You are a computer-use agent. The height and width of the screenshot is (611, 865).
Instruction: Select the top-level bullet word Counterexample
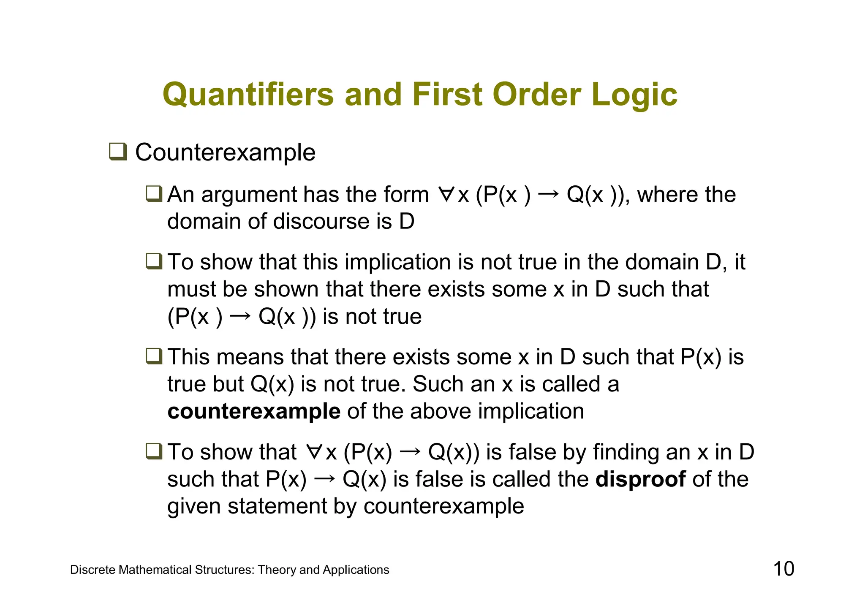click(x=225, y=152)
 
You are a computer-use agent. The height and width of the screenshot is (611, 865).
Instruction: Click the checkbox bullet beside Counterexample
click(x=118, y=152)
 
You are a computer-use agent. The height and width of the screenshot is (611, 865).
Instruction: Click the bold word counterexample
click(x=254, y=411)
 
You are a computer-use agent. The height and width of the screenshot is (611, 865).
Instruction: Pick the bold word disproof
click(x=640, y=479)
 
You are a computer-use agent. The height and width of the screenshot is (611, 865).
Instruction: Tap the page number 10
click(x=783, y=569)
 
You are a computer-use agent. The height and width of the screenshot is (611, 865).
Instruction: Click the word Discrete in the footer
click(x=92, y=570)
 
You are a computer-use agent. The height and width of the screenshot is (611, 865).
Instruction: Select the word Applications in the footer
click(x=356, y=570)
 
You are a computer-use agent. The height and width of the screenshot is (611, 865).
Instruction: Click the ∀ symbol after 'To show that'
click(x=314, y=452)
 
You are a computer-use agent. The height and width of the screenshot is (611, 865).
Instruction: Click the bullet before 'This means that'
click(x=154, y=356)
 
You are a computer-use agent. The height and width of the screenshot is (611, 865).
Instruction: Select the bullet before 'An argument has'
click(x=154, y=194)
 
